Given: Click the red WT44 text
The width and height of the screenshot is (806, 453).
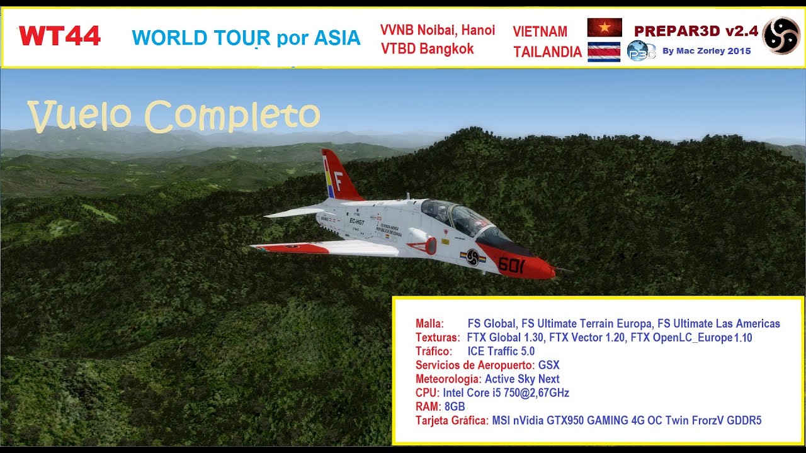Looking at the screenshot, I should click(x=60, y=36).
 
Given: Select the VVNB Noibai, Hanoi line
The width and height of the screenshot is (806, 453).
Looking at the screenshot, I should click(x=438, y=30).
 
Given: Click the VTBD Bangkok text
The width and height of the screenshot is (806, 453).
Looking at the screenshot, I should click(x=427, y=49).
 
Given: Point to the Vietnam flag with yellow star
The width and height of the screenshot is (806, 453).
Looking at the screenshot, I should click(x=604, y=28).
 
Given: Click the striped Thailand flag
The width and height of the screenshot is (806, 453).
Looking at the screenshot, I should click(x=604, y=52).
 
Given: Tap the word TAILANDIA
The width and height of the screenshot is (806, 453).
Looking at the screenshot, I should click(x=547, y=52).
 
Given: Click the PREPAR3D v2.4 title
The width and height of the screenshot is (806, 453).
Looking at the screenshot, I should click(x=695, y=31).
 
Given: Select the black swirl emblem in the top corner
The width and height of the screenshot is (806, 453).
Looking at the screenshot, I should click(x=781, y=35).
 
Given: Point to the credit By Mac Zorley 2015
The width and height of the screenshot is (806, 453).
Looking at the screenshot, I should click(x=707, y=52).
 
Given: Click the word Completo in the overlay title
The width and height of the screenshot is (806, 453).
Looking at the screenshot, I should click(x=232, y=115).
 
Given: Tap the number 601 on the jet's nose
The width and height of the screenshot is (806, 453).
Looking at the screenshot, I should click(x=511, y=265).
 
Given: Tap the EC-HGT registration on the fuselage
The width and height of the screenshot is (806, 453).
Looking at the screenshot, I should click(x=358, y=221).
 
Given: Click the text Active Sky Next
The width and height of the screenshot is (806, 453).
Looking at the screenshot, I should click(x=522, y=379).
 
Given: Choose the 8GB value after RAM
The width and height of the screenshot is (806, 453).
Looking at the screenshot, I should click(x=454, y=406).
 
